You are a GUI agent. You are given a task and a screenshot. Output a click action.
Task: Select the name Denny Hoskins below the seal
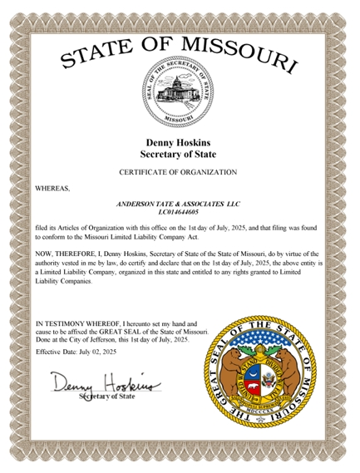pyautogui.click(x=180, y=143)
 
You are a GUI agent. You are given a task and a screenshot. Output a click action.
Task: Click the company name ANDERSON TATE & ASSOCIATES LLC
pyautogui.click(x=180, y=203)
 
